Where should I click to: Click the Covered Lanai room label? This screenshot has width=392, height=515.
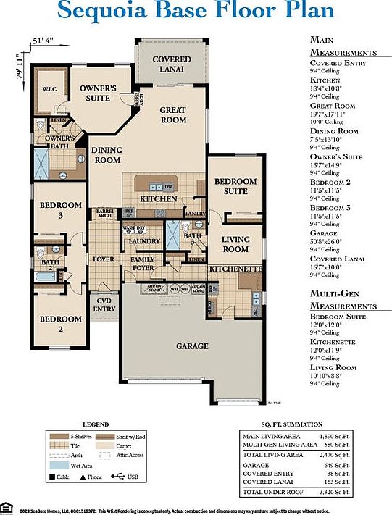point(172,64)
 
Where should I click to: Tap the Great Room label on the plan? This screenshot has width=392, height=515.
point(172,114)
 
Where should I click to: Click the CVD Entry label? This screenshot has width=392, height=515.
point(104,304)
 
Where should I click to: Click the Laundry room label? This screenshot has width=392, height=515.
point(143,241)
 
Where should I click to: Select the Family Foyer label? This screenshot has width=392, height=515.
point(143,264)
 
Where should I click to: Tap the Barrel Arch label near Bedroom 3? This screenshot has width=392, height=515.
point(104,213)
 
